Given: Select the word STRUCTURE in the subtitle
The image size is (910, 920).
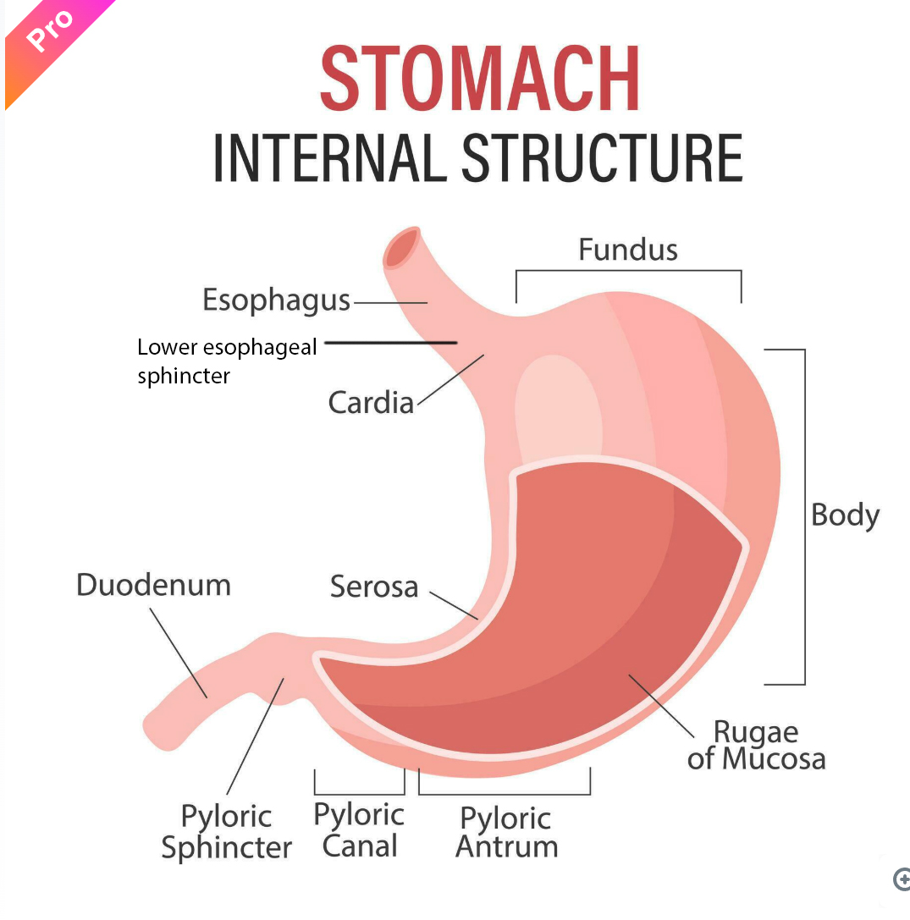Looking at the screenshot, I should (x=602, y=157).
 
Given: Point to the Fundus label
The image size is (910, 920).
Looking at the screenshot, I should (x=628, y=250).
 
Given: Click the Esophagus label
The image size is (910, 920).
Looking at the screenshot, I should (x=276, y=300).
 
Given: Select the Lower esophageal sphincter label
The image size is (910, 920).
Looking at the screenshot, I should (x=226, y=360).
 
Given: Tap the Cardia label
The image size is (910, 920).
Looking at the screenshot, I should (x=371, y=402).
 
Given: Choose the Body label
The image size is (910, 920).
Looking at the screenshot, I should (x=845, y=515).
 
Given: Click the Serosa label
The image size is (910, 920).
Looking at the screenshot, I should (x=374, y=587).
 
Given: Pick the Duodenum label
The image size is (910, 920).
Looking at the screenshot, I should (x=153, y=585).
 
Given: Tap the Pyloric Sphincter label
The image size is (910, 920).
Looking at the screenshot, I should (x=227, y=832).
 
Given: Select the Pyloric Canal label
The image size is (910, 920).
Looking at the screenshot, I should (x=359, y=830).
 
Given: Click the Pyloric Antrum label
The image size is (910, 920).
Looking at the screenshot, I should (x=506, y=833).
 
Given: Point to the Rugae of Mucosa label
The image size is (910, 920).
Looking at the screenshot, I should (x=756, y=745).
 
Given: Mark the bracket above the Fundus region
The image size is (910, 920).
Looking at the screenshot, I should (x=628, y=272).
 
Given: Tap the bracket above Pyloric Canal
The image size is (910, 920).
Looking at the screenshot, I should (x=359, y=792).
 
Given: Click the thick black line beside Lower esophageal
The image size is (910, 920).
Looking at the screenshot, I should (x=390, y=343).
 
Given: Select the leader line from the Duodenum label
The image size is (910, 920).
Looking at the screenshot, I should (x=179, y=653).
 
